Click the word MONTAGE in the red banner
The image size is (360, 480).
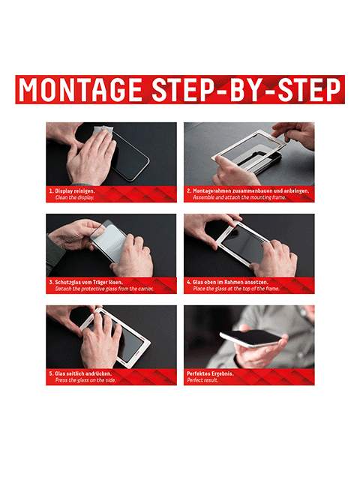(80, 90)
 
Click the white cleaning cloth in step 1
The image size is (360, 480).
(103, 132)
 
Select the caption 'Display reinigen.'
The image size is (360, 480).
(75, 191)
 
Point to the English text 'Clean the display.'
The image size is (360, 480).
(74, 198)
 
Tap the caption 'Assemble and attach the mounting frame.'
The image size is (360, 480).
(239, 198)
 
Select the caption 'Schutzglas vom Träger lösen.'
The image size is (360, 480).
(89, 282)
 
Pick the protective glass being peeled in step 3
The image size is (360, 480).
(109, 241)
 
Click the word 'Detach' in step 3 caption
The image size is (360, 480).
(63, 289)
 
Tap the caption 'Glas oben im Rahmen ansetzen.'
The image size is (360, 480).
(230, 282)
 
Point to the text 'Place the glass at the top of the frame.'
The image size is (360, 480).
(236, 289)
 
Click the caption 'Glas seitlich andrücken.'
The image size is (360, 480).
(83, 373)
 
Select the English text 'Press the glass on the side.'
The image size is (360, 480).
(85, 380)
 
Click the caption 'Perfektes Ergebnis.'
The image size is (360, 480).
(210, 373)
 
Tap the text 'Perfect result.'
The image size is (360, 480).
(202, 380)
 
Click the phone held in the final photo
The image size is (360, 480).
(251, 338)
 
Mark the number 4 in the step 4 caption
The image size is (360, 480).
(188, 282)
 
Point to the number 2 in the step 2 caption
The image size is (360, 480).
(188, 191)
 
